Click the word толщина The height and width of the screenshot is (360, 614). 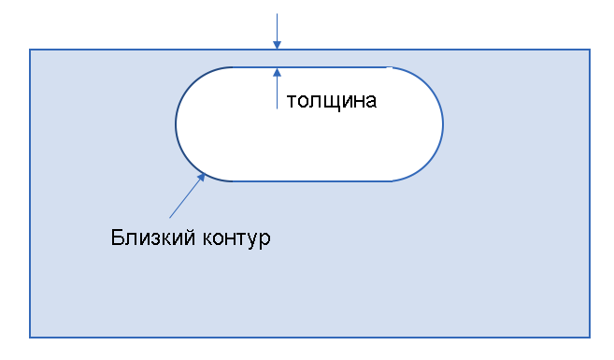[332, 101]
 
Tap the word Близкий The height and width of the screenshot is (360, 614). [152, 238]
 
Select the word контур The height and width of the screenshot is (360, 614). [236, 238]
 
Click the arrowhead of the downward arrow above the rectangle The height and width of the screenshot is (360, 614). [278, 45]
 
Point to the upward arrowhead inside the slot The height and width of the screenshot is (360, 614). [278, 73]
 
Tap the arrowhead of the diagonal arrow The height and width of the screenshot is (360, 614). [201, 178]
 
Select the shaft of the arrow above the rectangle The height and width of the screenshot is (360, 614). [278, 27]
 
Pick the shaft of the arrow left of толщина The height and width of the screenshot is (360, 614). [278, 93]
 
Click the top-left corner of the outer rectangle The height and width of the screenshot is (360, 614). [30, 50]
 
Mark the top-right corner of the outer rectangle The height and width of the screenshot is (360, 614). [590, 50]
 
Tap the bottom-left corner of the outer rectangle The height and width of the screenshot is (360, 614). [30, 337]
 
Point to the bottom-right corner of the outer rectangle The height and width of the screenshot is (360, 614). [590, 337]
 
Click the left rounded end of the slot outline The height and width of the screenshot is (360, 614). [176, 124]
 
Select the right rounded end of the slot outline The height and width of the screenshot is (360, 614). [443, 124]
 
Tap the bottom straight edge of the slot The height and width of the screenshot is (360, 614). [312, 181]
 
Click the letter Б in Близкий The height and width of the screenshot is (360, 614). [117, 238]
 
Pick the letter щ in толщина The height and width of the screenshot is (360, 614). [327, 102]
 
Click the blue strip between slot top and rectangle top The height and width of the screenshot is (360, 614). [312, 58]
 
